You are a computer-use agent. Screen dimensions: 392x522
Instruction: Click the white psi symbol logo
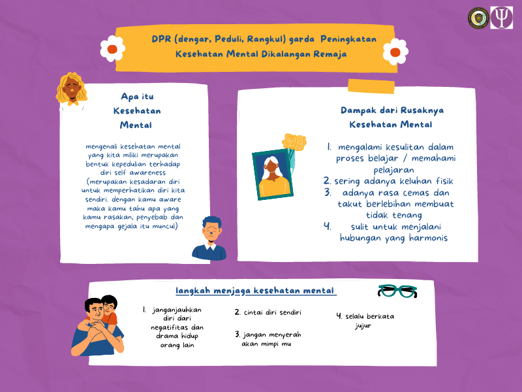(501, 18)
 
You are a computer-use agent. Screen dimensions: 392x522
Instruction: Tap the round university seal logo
(478, 18)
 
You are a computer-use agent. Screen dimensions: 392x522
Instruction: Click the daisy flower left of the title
(112, 48)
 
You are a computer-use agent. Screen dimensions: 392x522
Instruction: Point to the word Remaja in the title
(331, 54)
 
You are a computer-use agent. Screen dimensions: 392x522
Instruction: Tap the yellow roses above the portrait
(294, 142)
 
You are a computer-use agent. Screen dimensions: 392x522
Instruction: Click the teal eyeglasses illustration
(398, 291)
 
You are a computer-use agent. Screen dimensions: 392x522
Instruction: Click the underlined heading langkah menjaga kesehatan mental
(256, 290)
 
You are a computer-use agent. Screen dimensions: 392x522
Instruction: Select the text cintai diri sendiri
(268, 312)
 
